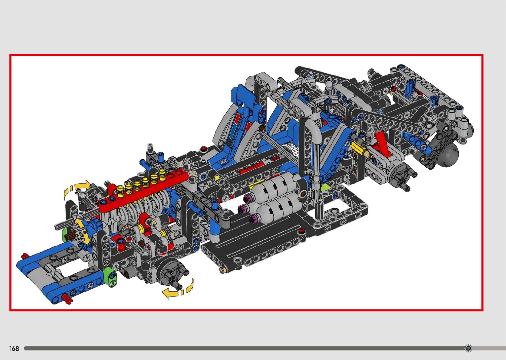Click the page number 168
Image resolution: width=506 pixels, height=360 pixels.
pyautogui.click(x=14, y=348)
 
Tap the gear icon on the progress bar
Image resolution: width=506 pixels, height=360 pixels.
pyautogui.click(x=469, y=348)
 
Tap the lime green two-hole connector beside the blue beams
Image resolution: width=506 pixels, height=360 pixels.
pyautogui.click(x=111, y=277)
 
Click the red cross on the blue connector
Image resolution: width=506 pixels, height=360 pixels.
pyautogui.click(x=262, y=112)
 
